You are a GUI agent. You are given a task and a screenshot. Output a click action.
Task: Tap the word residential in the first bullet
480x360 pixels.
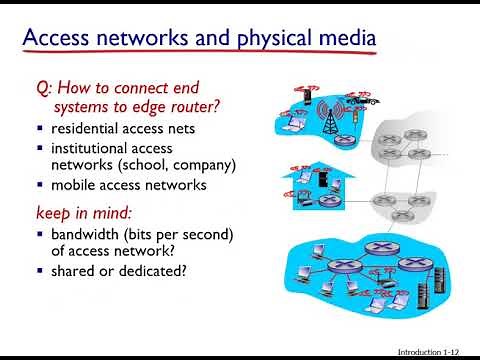tap(87, 128)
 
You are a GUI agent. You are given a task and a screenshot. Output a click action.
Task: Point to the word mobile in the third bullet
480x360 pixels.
tap(72, 184)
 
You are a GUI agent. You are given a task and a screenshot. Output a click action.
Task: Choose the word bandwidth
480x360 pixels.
tap(87, 234)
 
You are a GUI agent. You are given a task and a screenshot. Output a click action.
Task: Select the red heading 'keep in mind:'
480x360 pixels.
tap(78, 213)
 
